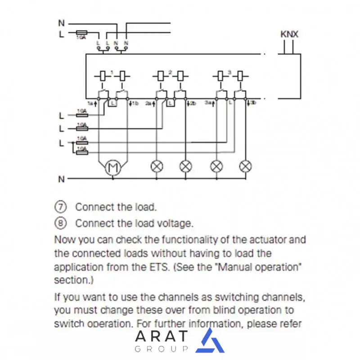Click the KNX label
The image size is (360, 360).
289,34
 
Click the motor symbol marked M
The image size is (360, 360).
112,168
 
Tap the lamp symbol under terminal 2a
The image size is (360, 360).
157,166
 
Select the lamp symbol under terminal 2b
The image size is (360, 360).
185,166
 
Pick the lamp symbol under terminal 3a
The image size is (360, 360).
216,166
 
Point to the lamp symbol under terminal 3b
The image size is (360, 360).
245,166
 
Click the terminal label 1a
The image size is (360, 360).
90,103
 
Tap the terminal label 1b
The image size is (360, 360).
133,103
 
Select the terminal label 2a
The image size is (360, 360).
149,103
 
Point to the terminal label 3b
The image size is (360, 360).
253,103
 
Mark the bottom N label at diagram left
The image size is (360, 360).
61,179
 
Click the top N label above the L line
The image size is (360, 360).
61,22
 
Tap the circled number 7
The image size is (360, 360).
60,207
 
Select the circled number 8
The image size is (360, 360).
60,223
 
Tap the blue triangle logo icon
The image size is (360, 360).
210,341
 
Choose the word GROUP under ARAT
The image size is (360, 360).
161,349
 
